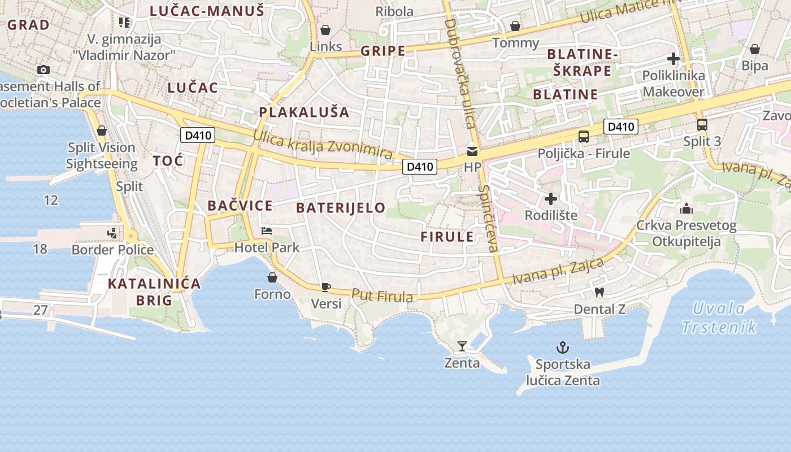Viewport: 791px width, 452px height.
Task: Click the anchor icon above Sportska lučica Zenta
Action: click(562, 347)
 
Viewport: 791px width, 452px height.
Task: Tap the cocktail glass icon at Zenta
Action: click(462, 346)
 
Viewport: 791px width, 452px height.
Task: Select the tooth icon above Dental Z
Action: click(599, 293)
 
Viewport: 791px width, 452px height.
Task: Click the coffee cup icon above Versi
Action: click(325, 287)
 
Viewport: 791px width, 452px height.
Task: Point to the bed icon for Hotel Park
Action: click(267, 231)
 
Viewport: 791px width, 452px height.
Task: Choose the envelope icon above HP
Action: click(472, 151)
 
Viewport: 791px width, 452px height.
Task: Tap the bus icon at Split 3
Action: click(702, 125)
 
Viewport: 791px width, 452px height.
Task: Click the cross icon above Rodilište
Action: click(551, 199)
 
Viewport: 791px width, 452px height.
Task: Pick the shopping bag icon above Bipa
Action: click(754, 49)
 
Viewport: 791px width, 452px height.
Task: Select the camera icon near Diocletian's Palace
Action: click(44, 69)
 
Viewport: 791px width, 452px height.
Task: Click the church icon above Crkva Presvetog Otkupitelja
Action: click(686, 208)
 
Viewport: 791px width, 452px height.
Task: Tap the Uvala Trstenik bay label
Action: click(719, 318)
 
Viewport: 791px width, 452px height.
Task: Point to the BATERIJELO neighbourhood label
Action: click(341, 207)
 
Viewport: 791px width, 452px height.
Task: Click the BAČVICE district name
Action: click(240, 206)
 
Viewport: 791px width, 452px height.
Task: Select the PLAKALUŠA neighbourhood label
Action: click(304, 112)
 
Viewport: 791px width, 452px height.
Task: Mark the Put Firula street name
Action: click(382, 295)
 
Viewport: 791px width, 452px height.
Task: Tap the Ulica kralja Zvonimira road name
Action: click(322, 144)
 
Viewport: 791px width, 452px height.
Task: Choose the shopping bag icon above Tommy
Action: click(515, 26)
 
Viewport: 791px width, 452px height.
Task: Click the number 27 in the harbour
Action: click(40, 310)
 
